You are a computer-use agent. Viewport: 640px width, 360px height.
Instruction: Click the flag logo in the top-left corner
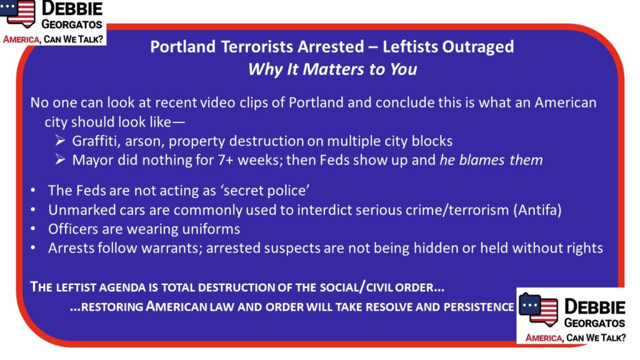18,12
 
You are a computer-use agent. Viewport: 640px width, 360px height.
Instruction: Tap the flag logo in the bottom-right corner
539,309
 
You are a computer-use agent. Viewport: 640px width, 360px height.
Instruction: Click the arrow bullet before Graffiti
60,141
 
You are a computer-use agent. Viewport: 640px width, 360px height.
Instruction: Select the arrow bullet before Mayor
60,159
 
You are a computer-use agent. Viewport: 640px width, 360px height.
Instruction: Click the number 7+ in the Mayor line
226,160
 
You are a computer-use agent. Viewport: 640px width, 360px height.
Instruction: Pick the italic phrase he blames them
491,160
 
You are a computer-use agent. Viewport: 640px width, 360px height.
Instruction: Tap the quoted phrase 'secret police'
261,191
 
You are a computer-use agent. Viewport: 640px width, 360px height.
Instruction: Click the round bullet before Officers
33,229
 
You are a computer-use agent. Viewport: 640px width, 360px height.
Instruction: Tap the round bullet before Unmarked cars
33,210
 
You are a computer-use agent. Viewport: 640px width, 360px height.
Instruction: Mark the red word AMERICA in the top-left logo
21,39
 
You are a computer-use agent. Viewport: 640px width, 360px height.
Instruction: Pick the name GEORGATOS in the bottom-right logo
594,323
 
